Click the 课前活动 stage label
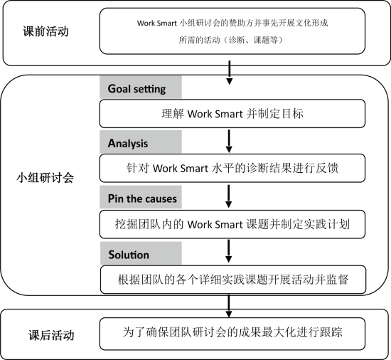point(45,31)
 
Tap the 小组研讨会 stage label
point(45,178)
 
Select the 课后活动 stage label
point(51,335)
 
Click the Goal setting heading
point(136,89)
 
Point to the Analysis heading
point(128,143)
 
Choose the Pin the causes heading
point(142,198)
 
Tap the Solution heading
point(129,255)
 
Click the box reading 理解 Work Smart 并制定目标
point(232,114)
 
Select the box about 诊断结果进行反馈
point(232,168)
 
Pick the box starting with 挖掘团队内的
point(232,224)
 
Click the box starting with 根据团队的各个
point(233,280)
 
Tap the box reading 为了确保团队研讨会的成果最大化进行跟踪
point(232,334)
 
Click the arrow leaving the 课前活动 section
point(229,73)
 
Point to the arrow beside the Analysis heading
point(229,141)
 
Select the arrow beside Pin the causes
point(228,196)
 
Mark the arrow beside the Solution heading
point(228,251)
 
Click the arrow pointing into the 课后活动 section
point(229,307)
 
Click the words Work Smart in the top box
point(157,23)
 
